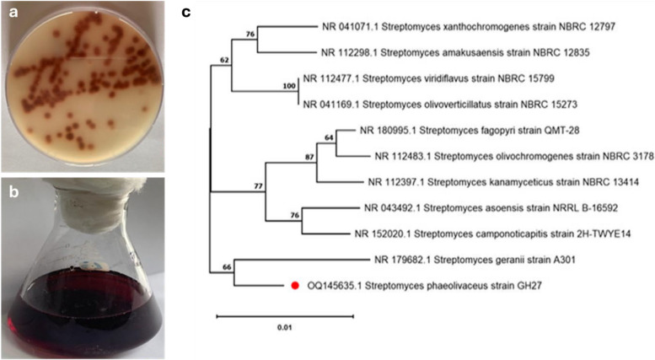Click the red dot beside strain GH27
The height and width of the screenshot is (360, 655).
pyautogui.click(x=294, y=287)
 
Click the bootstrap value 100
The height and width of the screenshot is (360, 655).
pyautogui.click(x=291, y=85)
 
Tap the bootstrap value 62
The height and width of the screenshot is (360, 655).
pyautogui.click(x=224, y=61)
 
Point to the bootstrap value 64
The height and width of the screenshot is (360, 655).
pyautogui.click(x=330, y=136)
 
